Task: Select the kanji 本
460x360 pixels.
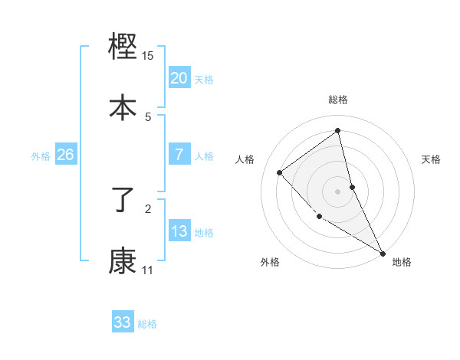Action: tap(123, 107)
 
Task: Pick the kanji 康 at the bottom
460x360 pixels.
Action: tap(123, 261)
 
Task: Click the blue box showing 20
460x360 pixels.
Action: tap(179, 77)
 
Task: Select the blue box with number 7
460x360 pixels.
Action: tap(179, 155)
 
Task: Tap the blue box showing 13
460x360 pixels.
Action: tap(179, 231)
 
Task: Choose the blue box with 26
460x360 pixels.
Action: tap(65, 155)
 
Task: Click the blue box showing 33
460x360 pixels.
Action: tap(123, 322)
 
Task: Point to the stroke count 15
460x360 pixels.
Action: tap(148, 56)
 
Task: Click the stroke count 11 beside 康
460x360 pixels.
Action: tap(147, 270)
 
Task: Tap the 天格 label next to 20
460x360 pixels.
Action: tap(203, 79)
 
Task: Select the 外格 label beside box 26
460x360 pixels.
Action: tap(41, 156)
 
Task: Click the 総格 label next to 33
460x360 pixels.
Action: tap(147, 324)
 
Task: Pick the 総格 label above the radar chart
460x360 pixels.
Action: tap(338, 100)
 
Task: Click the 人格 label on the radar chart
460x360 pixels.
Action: tap(245, 159)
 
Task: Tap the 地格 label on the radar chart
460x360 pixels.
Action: tap(402, 263)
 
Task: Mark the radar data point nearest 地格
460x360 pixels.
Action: tap(383, 253)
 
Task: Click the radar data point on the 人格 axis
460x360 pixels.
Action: tap(280, 172)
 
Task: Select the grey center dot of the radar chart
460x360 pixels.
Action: tap(338, 191)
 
